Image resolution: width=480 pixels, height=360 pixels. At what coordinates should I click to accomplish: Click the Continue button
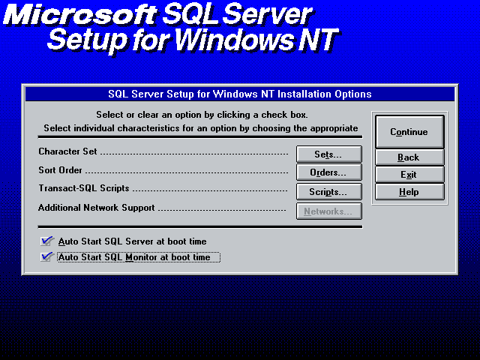click(409, 132)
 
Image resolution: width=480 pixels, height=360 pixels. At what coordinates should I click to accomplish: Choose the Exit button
click(409, 175)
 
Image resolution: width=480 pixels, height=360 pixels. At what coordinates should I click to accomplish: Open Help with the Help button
click(409, 192)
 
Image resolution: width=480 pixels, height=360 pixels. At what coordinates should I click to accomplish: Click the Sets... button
click(328, 154)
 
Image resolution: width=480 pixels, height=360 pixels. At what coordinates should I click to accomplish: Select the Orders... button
click(328, 172)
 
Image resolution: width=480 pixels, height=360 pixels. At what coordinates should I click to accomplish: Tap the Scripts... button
click(328, 192)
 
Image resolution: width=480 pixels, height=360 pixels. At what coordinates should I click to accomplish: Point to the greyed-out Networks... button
click(328, 211)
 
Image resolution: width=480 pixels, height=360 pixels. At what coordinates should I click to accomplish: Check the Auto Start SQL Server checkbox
click(46, 241)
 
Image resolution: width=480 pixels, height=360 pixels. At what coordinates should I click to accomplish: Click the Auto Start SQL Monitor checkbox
click(46, 256)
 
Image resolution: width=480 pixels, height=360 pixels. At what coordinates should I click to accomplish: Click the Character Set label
click(67, 151)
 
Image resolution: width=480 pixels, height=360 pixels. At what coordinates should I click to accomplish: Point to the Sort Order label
click(60, 170)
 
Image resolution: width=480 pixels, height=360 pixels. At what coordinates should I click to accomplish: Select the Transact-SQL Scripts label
click(84, 188)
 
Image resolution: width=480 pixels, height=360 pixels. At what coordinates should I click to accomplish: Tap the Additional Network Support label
click(97, 208)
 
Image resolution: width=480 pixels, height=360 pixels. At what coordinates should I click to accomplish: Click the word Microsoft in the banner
click(80, 15)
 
